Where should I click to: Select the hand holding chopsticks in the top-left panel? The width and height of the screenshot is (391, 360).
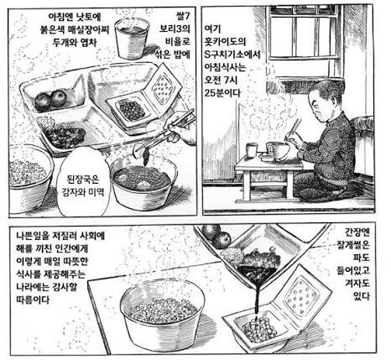pos(178,126)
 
